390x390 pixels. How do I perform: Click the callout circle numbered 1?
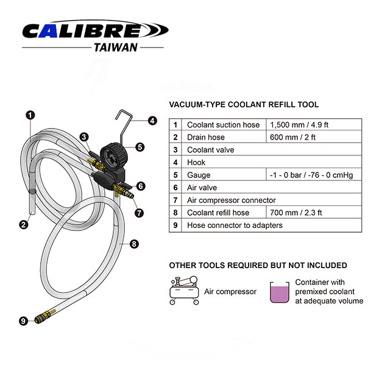(30, 115)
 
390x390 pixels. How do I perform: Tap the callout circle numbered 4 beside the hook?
(152, 121)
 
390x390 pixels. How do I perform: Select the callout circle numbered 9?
(23, 321)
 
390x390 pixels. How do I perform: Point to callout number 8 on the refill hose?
(134, 244)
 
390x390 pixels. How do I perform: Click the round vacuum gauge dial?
(112, 156)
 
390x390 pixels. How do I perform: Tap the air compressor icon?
(184, 291)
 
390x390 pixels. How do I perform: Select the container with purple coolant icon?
(279, 292)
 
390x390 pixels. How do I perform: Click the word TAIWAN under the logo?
(116, 48)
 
